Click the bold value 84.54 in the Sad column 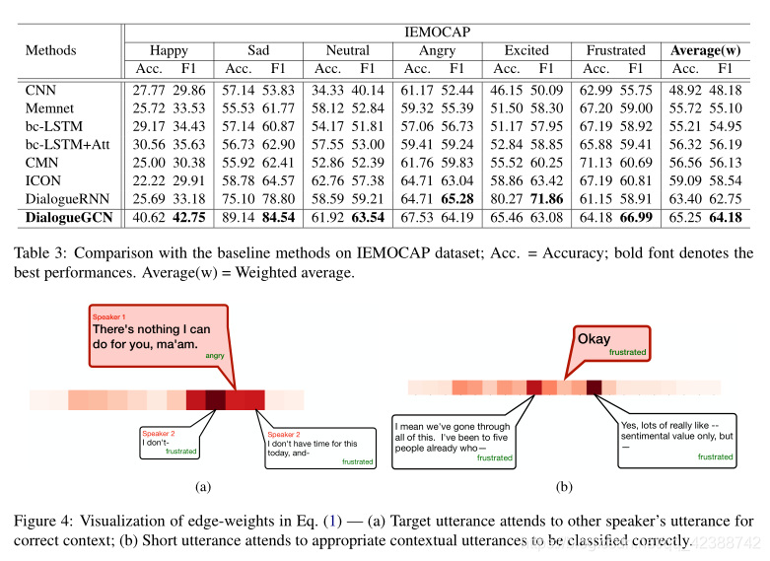pos(279,217)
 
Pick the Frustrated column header pos(615,50)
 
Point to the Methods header pos(50,50)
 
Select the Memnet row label pos(47,107)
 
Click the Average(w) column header pos(705,50)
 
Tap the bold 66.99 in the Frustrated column pos(637,217)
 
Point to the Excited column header pos(525,50)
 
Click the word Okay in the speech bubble pos(594,339)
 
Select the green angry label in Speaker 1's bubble pos(215,356)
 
